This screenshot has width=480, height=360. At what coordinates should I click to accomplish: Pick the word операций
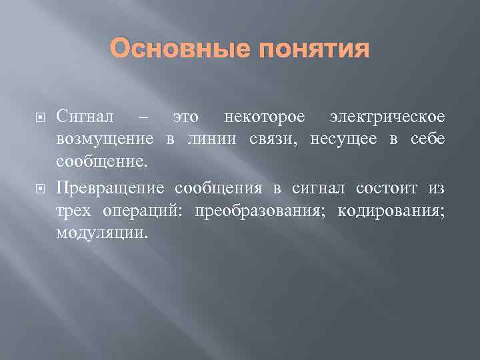click(x=145, y=211)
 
